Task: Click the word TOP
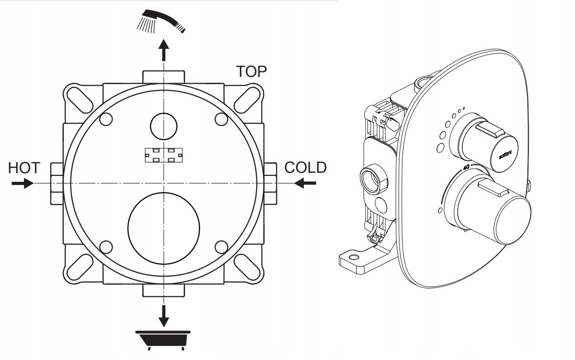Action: pyautogui.click(x=252, y=71)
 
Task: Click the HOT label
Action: pyautogui.click(x=24, y=168)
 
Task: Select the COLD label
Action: pyautogui.click(x=305, y=167)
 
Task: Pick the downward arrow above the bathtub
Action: pyautogui.click(x=164, y=315)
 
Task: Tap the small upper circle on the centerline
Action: pyautogui.click(x=164, y=125)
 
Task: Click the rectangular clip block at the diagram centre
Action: pyautogui.click(x=163, y=155)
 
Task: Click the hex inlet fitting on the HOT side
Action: pyautogui.click(x=57, y=183)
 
